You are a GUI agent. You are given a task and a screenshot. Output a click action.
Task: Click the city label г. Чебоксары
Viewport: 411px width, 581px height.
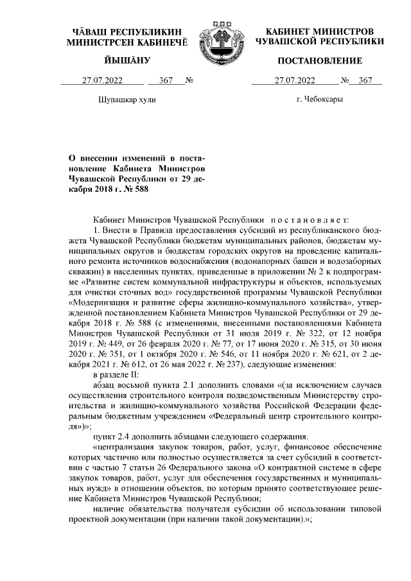click(319, 100)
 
